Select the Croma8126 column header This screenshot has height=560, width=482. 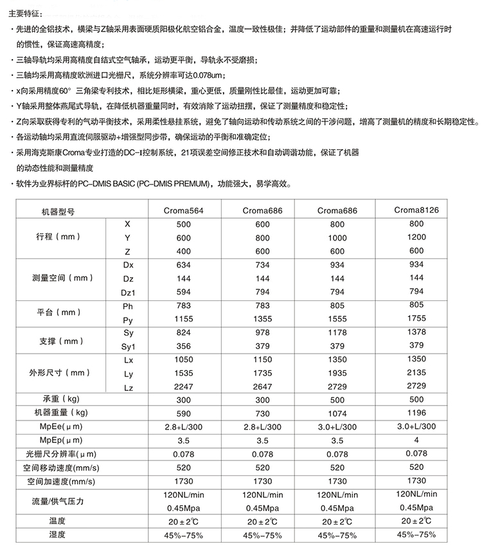416,210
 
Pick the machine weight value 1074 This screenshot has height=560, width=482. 337,413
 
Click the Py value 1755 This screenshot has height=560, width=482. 416,318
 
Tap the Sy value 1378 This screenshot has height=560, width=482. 416,331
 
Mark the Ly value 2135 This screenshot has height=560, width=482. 416,372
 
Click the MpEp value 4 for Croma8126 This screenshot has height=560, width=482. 416,440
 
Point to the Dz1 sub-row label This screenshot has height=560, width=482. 127,292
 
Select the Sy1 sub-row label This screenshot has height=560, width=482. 127,346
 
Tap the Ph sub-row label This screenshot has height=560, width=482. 127,305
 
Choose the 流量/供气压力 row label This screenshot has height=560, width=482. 63,501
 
